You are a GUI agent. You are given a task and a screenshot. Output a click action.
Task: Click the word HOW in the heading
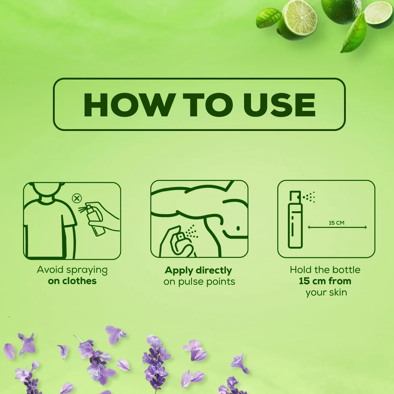[x=130, y=105]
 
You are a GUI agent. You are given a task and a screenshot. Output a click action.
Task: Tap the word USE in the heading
[x=279, y=105]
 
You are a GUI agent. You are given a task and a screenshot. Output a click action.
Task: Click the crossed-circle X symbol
[x=77, y=198]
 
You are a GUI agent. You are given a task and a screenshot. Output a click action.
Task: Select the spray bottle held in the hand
[x=95, y=220]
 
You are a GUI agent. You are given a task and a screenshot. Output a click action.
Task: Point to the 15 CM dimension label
[x=336, y=223]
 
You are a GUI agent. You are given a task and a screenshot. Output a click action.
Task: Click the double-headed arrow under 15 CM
[x=337, y=227]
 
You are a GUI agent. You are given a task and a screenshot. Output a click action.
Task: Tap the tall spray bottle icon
[x=295, y=220]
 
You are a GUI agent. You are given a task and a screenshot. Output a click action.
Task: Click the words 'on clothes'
[x=72, y=281]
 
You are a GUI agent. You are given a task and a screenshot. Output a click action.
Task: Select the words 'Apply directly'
[x=198, y=270]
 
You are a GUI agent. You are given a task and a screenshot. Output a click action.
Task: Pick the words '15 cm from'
[x=325, y=281]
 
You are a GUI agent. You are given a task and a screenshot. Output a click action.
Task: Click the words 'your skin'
[x=326, y=293]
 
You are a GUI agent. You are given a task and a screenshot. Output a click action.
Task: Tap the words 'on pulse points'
[x=199, y=282]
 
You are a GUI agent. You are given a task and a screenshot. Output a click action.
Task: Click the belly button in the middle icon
[x=238, y=228]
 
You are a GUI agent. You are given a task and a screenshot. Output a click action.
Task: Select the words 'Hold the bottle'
[x=325, y=270]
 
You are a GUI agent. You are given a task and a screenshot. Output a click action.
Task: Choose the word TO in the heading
[x=208, y=105]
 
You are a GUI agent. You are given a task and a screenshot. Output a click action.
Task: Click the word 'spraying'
[x=87, y=270]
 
